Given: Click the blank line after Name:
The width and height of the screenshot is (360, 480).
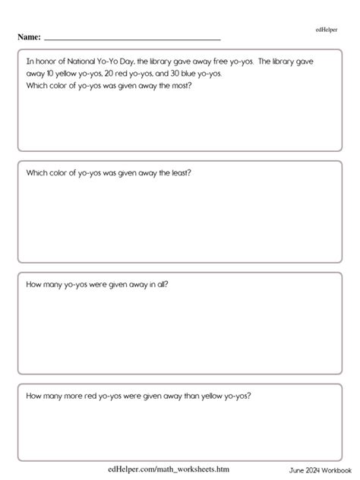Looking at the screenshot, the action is [133, 37].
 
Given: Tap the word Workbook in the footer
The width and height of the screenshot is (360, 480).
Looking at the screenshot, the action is [336, 471].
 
